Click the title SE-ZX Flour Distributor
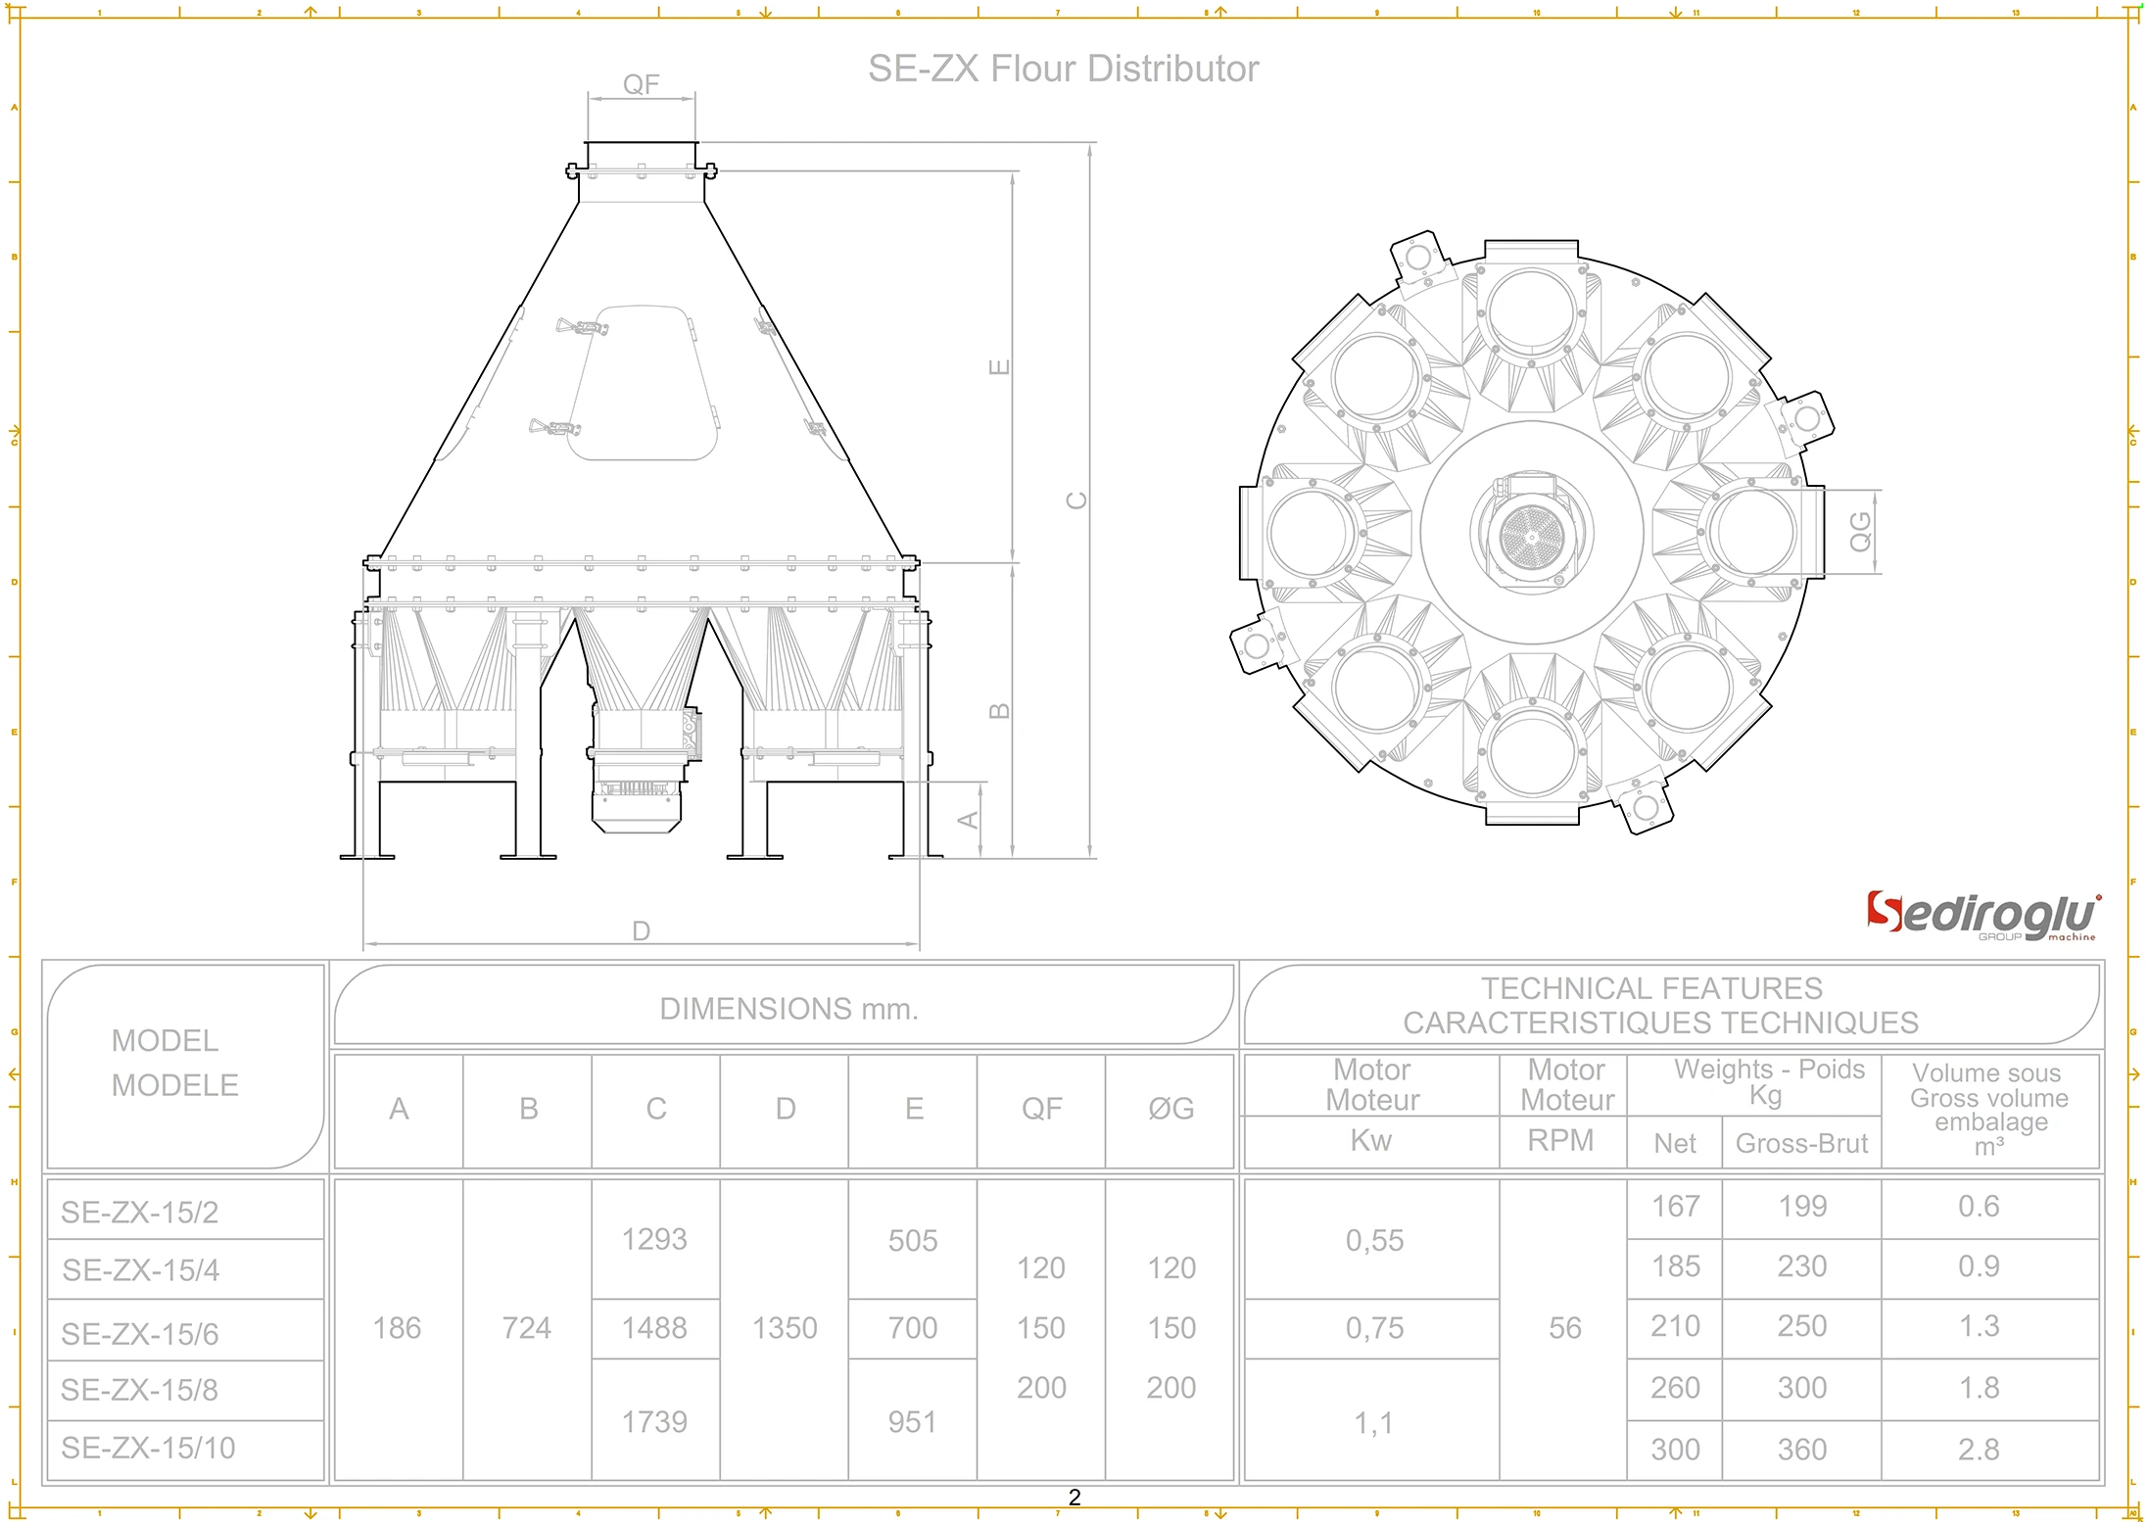1063,69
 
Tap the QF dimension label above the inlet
642,84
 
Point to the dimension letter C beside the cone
1076,500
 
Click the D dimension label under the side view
641,930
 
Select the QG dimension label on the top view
1860,532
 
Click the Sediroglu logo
1982,916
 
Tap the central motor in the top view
1532,534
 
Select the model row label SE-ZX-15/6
140,1333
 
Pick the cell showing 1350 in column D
785,1328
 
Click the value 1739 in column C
654,1422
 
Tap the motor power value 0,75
1374,1328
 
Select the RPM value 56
1564,1328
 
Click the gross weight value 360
1801,1450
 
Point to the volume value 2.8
1978,1450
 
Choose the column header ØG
1170,1109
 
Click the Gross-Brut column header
1801,1143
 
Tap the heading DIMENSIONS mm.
788,1009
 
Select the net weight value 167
1675,1206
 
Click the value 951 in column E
912,1422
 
